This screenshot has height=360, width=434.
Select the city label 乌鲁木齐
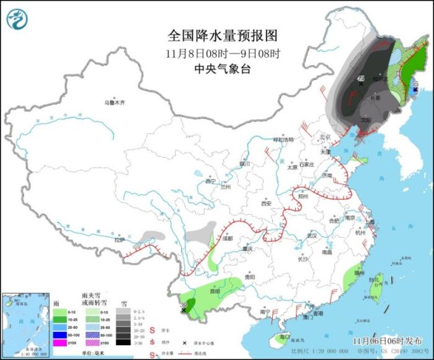pyautogui.click(x=115, y=102)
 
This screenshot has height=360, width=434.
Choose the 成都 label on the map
pyautogui.click(x=226, y=238)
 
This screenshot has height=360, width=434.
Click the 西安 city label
pyautogui.click(x=267, y=203)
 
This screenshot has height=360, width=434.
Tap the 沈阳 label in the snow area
pyautogui.click(x=366, y=120)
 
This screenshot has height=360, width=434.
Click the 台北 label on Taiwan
pyautogui.click(x=373, y=280)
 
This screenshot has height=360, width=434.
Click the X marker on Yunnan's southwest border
pyautogui.click(x=184, y=308)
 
